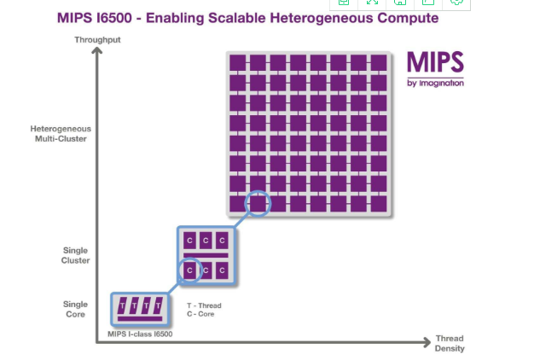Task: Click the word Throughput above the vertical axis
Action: point(96,40)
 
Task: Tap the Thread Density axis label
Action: point(449,343)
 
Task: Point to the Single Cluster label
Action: point(76,255)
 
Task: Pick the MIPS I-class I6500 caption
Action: point(141,334)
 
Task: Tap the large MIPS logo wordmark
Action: point(434,64)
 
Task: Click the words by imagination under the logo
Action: point(435,83)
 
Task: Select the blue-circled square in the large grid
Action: point(258,204)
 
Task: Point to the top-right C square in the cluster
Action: point(222,241)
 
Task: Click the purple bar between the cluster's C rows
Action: point(206,255)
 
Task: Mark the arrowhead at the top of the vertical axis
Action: point(96,51)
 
